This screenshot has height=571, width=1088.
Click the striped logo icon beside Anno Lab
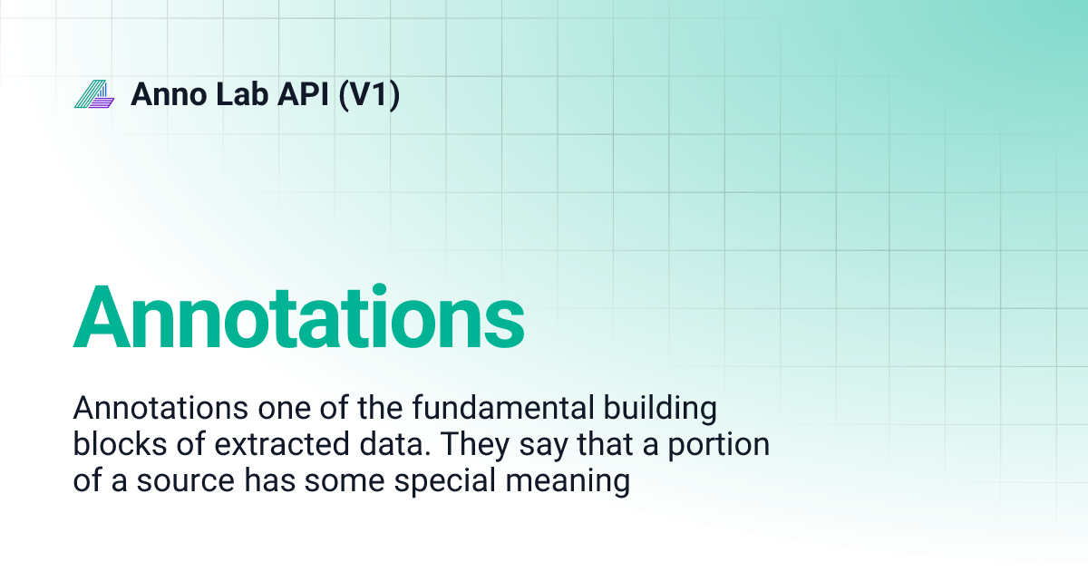tap(94, 94)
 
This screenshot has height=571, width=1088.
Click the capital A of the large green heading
tap(103, 317)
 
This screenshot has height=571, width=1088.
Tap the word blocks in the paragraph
tap(118, 445)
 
